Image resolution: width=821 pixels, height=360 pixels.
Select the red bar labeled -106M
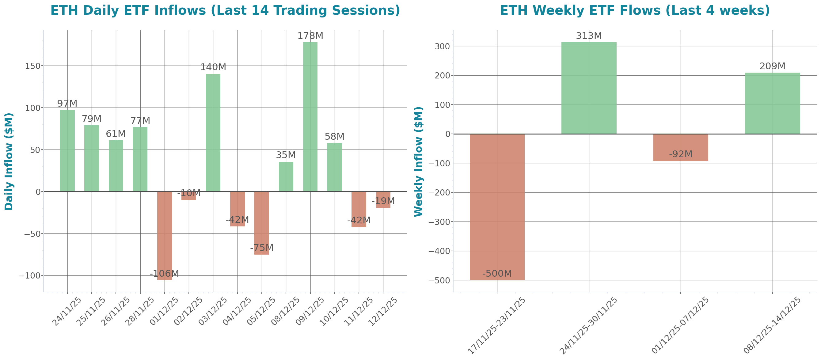point(165,236)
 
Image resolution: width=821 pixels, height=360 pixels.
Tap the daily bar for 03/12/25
point(213,133)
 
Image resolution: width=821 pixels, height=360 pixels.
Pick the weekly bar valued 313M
point(589,88)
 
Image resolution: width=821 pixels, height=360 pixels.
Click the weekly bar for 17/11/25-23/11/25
point(497,207)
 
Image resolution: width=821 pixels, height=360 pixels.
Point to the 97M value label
point(67,104)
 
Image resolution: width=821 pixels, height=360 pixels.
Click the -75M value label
point(261,248)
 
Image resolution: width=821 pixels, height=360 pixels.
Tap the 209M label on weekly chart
point(772,66)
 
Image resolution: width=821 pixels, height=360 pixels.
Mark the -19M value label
point(383,201)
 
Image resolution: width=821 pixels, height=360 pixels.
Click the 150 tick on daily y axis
point(32,66)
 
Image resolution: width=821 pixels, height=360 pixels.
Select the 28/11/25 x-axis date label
point(139,312)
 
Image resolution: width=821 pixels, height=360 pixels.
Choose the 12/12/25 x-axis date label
point(382,312)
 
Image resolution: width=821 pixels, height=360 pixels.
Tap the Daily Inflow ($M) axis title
point(9,161)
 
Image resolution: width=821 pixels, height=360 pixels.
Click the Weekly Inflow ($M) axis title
point(418,161)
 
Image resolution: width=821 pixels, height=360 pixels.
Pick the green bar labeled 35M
point(286,176)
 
